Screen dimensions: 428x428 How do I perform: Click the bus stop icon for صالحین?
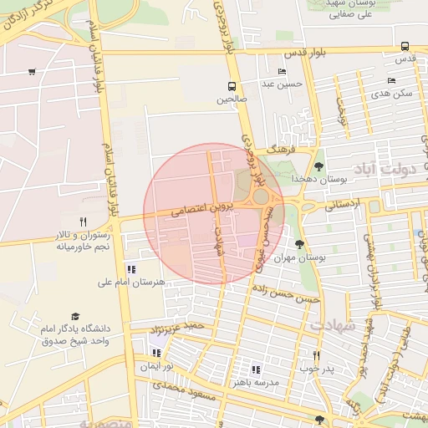point(232,86)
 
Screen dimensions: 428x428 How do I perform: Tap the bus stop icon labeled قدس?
point(405,47)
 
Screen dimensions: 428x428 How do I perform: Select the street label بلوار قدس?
point(303,53)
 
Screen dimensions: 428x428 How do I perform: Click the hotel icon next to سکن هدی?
point(391,81)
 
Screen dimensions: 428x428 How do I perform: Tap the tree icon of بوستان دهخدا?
point(318,166)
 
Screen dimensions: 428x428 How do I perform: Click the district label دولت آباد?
point(385,171)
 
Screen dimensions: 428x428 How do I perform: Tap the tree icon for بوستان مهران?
point(299,244)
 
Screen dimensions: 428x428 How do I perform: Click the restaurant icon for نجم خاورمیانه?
point(82,222)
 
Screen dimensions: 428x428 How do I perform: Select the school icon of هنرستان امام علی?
point(131,269)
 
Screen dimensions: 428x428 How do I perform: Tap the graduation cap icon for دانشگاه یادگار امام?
point(76,317)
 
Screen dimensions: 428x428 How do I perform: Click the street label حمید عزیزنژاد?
point(177,327)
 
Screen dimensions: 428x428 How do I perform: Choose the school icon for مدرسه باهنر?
point(256,369)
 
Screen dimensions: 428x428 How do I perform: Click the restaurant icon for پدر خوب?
point(316,355)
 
